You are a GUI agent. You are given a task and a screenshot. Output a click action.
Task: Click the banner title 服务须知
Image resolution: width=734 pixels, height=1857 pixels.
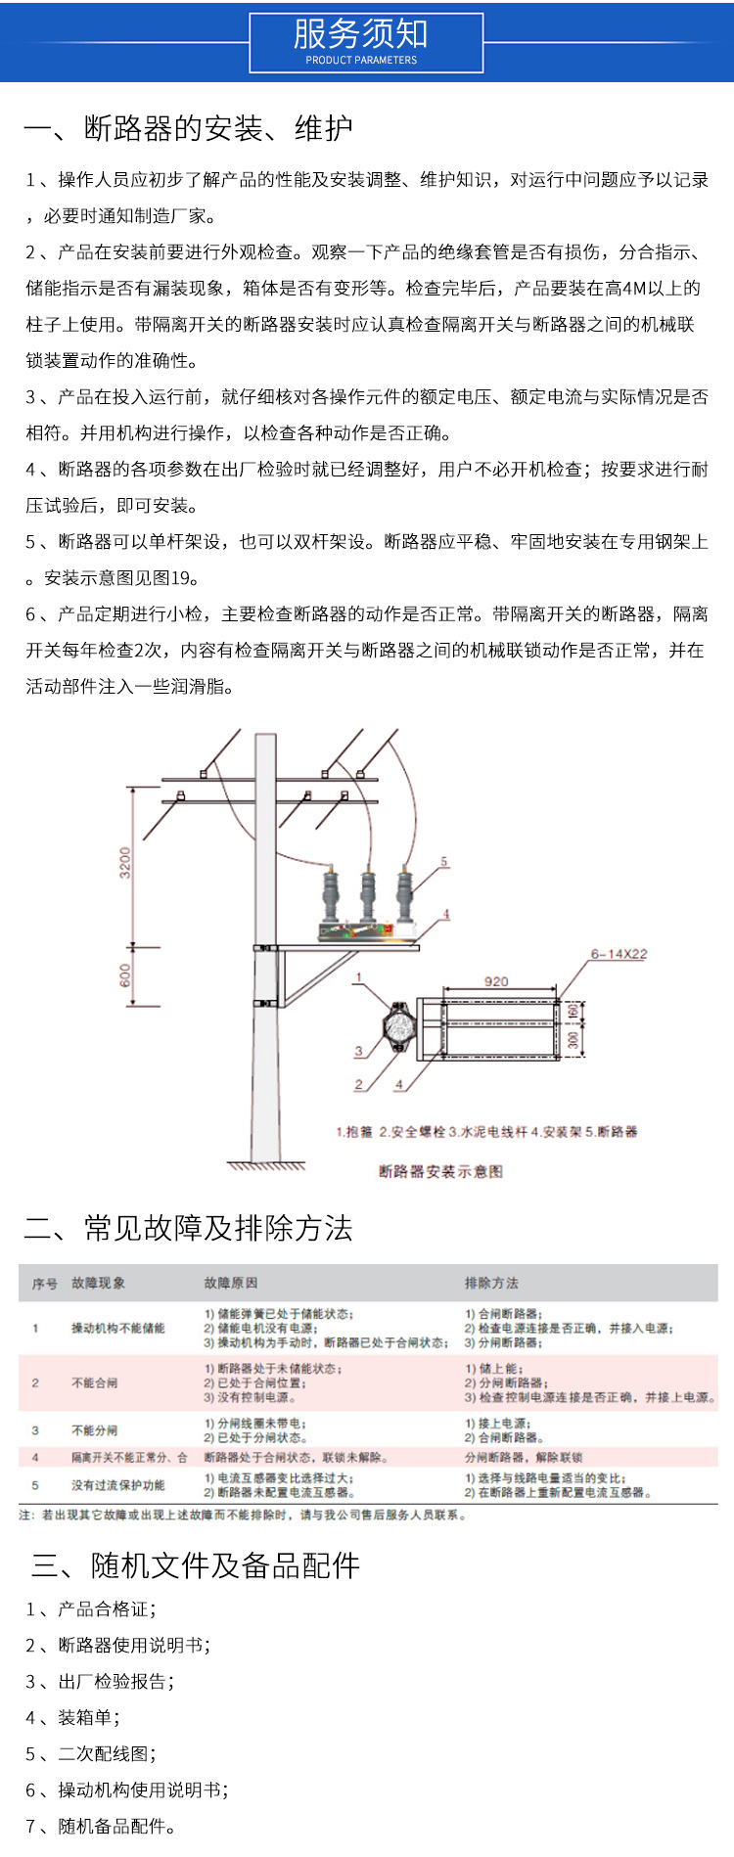(361, 34)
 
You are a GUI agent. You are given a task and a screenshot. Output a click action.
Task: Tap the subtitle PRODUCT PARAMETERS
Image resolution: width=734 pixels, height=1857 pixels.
(361, 61)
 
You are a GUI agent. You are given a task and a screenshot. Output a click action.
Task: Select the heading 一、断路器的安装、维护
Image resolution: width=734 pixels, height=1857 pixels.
(188, 128)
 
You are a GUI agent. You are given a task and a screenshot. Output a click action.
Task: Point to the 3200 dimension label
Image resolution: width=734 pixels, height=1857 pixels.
(125, 863)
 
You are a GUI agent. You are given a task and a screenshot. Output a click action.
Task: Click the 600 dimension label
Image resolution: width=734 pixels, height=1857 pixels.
(125, 975)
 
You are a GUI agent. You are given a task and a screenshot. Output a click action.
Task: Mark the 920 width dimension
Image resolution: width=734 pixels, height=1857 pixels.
(496, 981)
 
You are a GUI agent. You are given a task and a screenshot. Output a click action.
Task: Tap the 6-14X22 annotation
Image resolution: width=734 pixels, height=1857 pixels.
(619, 954)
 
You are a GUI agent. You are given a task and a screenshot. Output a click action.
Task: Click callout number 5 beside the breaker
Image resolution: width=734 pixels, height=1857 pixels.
(443, 862)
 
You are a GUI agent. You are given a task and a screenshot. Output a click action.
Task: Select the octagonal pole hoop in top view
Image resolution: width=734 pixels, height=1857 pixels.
(398, 1026)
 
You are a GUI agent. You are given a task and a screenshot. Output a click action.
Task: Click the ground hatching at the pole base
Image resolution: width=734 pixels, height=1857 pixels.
(266, 1165)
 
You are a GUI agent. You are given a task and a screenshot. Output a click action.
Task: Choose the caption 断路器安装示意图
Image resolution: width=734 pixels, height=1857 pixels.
(440, 1171)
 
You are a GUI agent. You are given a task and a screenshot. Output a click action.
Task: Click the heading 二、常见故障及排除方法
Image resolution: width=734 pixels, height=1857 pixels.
(188, 1228)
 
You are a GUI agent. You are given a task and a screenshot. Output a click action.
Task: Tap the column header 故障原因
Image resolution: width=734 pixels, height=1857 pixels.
(231, 1283)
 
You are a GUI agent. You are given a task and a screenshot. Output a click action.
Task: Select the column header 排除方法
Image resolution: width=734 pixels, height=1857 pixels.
(491, 1283)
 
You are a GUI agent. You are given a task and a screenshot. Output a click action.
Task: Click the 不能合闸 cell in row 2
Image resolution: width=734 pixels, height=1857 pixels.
(95, 1382)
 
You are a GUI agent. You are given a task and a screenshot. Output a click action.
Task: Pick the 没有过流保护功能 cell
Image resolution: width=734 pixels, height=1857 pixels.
(118, 1485)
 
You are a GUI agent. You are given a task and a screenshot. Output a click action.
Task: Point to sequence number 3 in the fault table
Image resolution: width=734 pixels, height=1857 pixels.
(35, 1430)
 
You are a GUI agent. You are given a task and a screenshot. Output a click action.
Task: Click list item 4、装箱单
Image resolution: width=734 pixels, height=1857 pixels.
(73, 1717)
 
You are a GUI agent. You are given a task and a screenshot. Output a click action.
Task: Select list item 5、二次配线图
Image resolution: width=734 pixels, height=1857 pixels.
(91, 1753)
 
